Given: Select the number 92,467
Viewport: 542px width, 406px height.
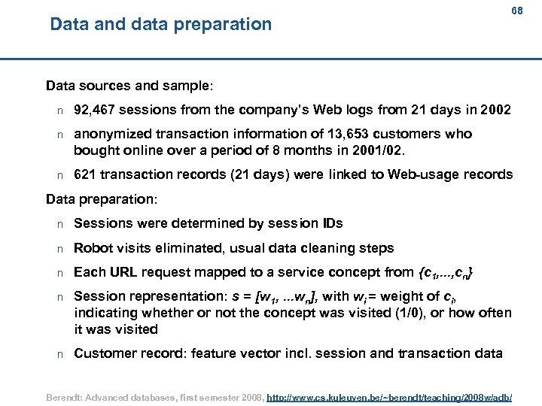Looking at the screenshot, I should point(94,111).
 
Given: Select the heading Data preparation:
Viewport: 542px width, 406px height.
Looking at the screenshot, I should point(102,199).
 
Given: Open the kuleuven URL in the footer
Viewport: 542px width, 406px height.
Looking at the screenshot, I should point(389,393).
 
